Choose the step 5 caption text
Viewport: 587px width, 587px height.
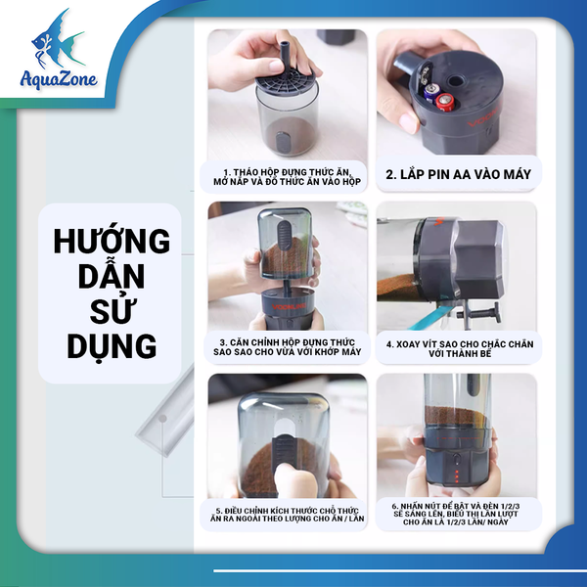click(287, 515)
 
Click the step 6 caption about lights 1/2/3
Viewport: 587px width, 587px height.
click(457, 515)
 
